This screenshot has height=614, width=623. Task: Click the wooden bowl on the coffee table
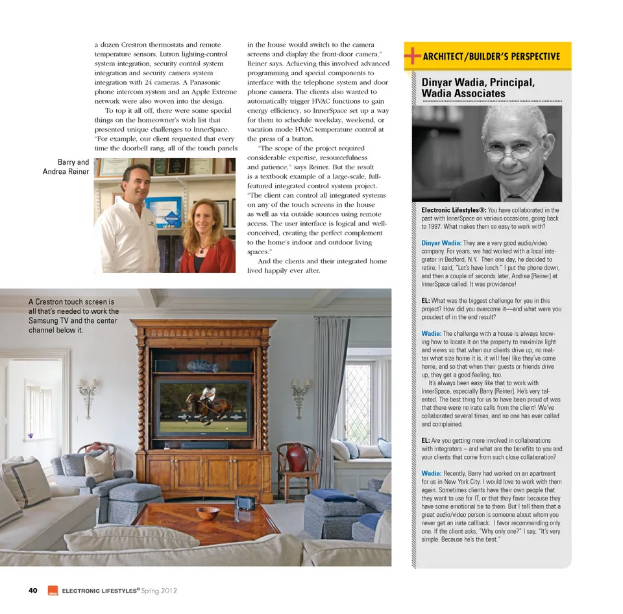tap(208, 513)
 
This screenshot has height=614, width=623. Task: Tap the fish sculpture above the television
tap(203, 366)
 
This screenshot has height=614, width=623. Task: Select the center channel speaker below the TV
tap(204, 445)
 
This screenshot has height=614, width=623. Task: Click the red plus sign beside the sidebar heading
tap(411, 56)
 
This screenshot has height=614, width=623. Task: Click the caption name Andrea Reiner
tap(66, 172)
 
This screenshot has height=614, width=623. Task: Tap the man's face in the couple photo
tap(138, 183)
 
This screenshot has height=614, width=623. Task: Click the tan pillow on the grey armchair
tap(99, 466)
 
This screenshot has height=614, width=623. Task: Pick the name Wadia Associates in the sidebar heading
tap(463, 93)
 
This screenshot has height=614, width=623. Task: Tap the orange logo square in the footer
tap(53, 591)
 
